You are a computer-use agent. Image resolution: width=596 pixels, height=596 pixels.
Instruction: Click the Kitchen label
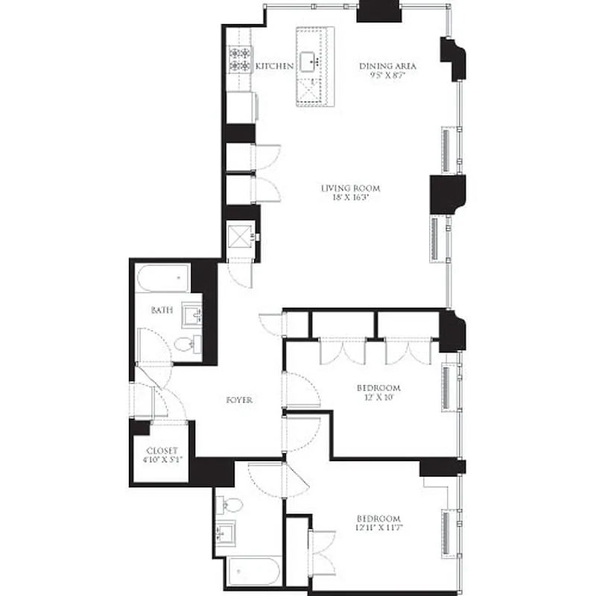point(275,66)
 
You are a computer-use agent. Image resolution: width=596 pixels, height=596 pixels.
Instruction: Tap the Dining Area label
point(387,66)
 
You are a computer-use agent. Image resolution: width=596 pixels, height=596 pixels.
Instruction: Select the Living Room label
point(346,188)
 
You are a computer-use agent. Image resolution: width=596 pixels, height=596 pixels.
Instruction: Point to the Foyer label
point(239,400)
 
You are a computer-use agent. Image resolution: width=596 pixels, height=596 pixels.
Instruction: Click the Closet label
point(161,451)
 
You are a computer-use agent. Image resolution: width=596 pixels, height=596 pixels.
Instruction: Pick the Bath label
point(162,309)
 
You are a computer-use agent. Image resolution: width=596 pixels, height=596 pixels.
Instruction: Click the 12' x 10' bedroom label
point(378,387)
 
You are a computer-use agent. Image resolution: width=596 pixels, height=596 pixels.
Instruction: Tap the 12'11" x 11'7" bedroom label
point(378,519)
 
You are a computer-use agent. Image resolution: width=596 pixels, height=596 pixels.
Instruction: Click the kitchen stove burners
point(240,59)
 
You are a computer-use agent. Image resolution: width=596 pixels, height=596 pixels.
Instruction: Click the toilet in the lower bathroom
point(232,505)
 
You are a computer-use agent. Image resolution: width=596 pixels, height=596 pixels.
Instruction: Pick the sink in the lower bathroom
point(226,534)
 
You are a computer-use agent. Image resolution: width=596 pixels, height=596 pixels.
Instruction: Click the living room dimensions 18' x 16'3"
point(346,198)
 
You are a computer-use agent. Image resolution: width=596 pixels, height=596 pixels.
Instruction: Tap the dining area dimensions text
point(387,75)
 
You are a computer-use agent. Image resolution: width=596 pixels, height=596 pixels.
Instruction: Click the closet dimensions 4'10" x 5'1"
point(161,460)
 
